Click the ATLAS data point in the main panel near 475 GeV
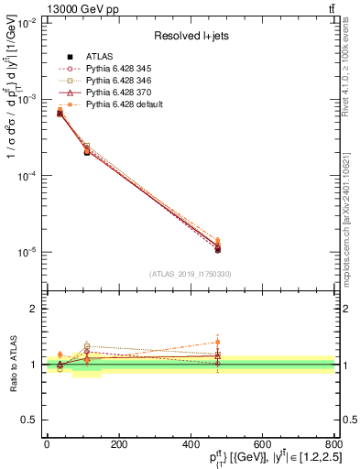[x=218, y=249]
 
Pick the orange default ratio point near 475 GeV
[x=218, y=342]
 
